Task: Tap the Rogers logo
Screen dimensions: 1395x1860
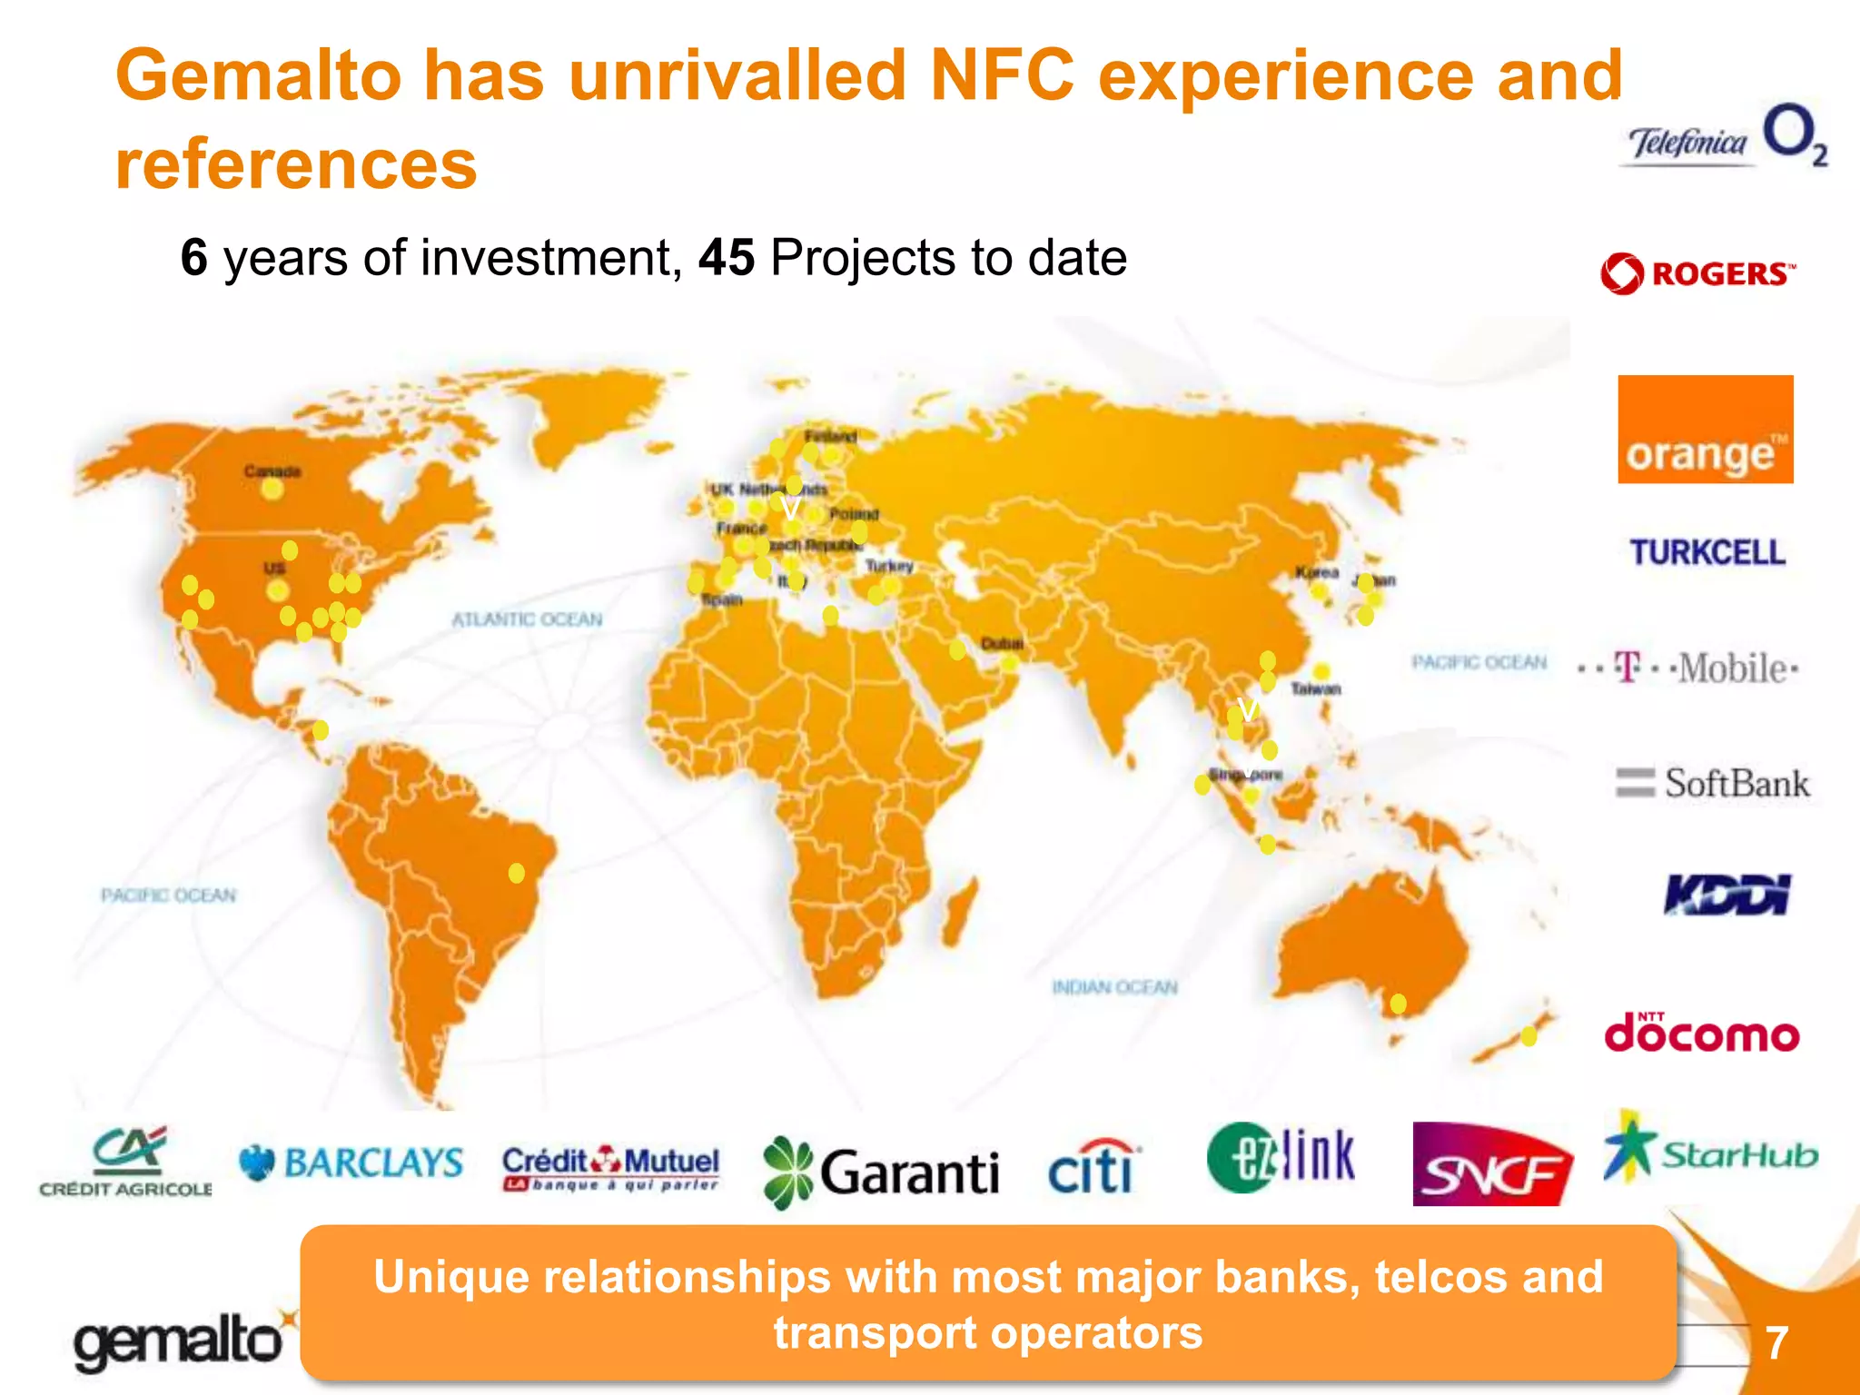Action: click(x=1697, y=273)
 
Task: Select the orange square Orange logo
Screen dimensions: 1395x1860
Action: click(x=1705, y=429)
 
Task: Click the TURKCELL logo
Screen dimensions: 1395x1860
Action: click(x=1707, y=552)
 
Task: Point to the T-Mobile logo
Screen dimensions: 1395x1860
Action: click(x=1688, y=668)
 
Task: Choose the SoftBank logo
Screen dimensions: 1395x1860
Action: click(x=1712, y=783)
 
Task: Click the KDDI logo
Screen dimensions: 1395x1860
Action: click(x=1726, y=895)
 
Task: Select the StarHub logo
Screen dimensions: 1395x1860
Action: click(x=1710, y=1152)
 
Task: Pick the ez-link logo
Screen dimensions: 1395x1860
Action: click(x=1281, y=1157)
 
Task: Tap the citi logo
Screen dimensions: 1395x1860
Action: click(x=1093, y=1166)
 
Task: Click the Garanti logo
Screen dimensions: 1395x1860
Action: click(x=880, y=1172)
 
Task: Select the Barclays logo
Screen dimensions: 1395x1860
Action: click(x=351, y=1162)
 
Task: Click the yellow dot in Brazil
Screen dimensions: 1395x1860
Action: click(x=516, y=873)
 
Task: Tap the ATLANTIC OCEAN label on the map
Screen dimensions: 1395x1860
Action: click(x=527, y=619)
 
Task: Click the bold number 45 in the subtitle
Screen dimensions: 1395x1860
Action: click(x=726, y=257)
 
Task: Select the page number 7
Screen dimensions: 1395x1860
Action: click(x=1776, y=1342)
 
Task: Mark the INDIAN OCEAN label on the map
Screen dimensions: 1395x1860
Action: click(x=1114, y=987)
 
